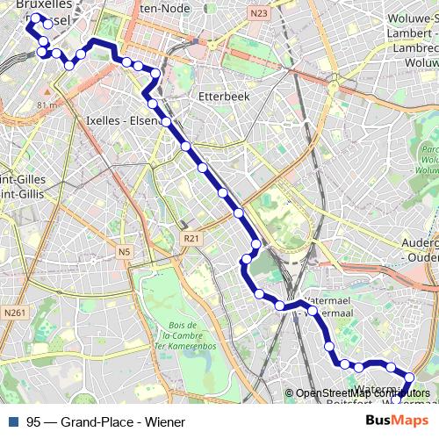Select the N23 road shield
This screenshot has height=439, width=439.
click(x=258, y=13)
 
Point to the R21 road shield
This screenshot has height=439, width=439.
click(x=190, y=238)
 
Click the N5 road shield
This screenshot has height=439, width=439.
click(x=124, y=253)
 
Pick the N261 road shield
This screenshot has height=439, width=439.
click(x=14, y=313)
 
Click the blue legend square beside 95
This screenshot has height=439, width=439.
click(x=12, y=422)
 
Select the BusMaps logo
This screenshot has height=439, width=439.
click(x=399, y=421)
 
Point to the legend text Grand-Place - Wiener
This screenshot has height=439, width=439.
click(x=123, y=422)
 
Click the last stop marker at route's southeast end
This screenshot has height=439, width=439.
click(x=409, y=378)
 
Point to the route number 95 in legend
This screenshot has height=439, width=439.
click(x=33, y=422)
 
